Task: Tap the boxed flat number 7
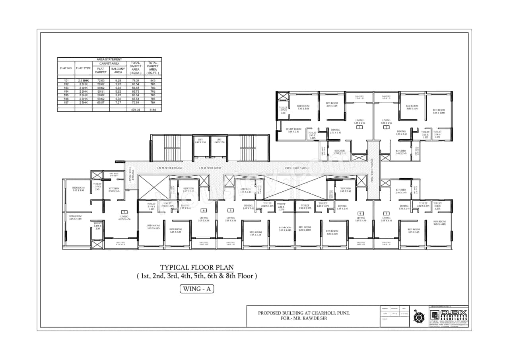(x=124, y=212)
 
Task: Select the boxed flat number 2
(x=386, y=127)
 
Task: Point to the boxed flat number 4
(x=360, y=213)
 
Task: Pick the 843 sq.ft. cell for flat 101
(x=153, y=80)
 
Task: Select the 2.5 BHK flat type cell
(x=84, y=80)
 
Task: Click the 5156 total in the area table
(x=153, y=109)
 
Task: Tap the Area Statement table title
(x=109, y=59)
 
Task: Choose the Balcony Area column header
(x=118, y=70)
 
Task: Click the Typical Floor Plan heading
(x=197, y=267)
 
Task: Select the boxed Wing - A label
(x=197, y=289)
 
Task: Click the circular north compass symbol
(x=419, y=317)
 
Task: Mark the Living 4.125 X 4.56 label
(x=124, y=218)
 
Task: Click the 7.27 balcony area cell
(x=118, y=102)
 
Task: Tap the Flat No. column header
(x=66, y=68)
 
